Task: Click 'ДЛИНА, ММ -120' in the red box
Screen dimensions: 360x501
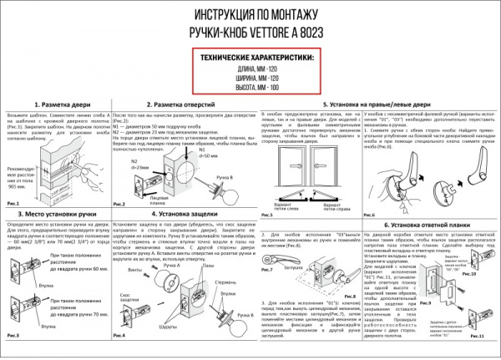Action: tap(250, 68)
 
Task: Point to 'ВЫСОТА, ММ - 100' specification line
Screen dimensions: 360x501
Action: tap(250, 86)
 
